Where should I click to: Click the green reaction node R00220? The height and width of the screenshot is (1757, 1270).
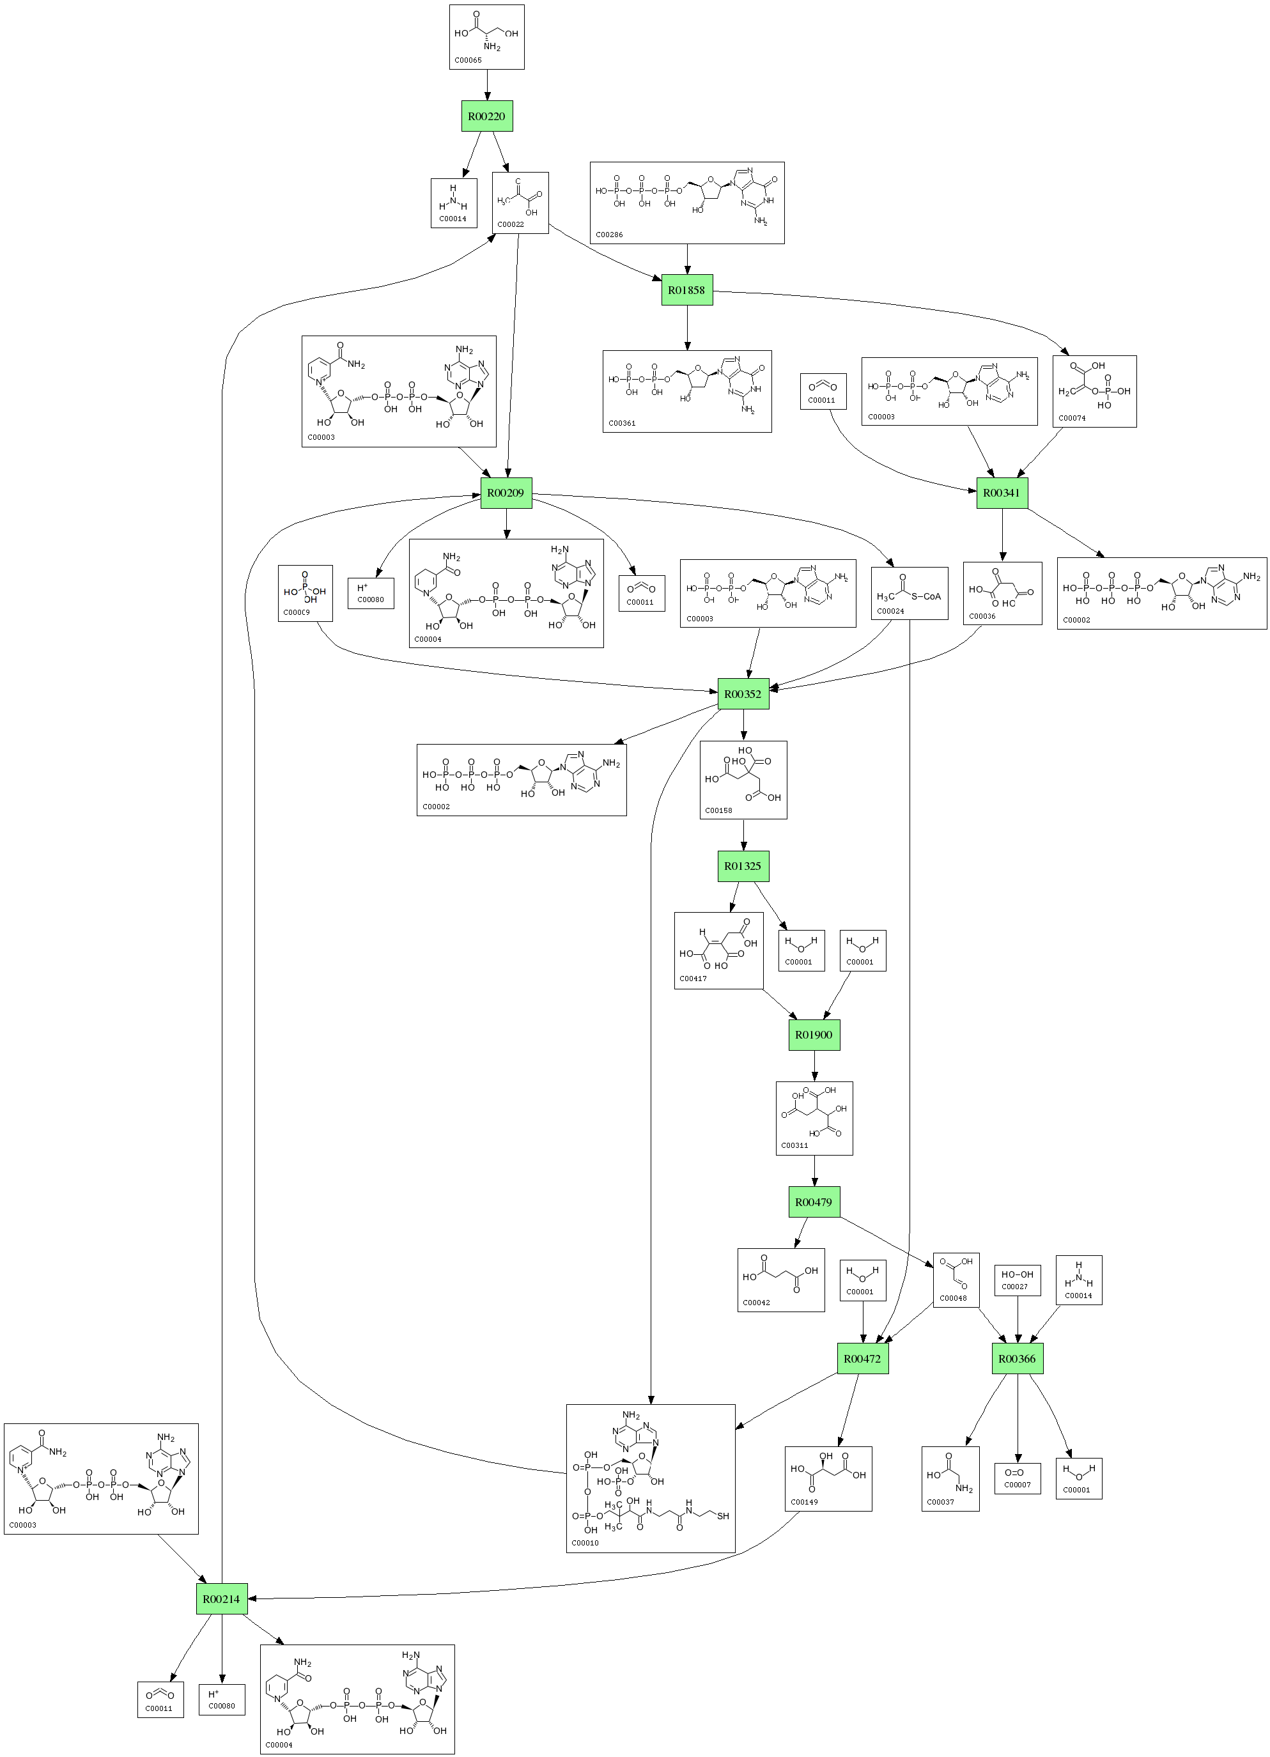pos(486,116)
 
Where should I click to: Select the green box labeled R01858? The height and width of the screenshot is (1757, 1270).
pos(686,290)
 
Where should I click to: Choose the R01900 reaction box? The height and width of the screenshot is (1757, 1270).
pos(814,1035)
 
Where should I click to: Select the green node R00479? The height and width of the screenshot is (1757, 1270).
pos(814,1202)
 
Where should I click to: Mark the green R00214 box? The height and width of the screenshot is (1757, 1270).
pos(222,1599)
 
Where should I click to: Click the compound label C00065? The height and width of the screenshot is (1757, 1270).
pos(468,59)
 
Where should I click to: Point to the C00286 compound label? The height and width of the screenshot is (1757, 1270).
pos(609,234)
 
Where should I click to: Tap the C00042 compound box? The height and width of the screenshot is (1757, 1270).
pos(780,1279)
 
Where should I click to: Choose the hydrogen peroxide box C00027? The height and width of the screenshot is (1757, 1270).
pos(1018,1280)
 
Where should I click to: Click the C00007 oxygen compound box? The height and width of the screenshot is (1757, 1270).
pos(1018,1478)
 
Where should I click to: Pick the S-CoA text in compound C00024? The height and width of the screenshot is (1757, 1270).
pos(926,596)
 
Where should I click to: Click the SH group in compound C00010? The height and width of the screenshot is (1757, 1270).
pos(723,1516)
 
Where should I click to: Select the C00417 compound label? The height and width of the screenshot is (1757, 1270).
pos(693,979)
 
